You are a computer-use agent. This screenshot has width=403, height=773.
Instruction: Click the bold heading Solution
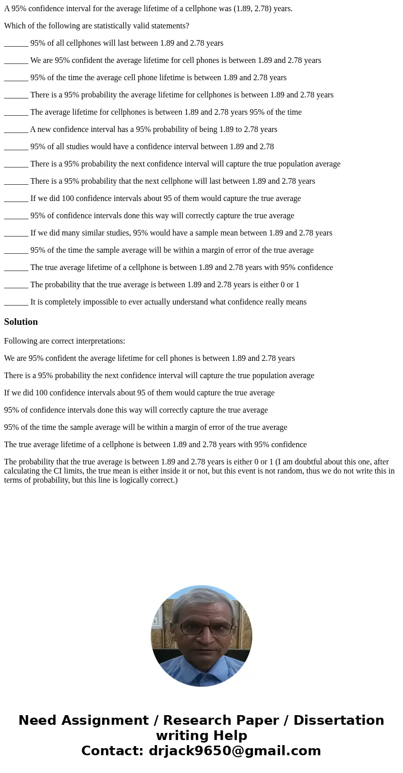21,322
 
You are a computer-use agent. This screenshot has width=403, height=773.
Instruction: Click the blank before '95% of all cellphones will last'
16,44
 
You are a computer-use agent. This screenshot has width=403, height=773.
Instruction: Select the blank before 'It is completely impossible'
16,303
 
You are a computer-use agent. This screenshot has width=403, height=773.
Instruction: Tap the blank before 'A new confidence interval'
16,130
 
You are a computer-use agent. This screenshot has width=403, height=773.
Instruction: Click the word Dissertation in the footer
339,720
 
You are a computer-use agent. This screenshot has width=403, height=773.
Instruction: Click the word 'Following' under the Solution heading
20,341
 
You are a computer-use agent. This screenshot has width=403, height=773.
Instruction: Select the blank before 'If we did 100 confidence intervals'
16,199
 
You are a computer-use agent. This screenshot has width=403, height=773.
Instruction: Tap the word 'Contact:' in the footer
113,751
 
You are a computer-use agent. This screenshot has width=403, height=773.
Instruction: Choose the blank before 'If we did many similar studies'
16,233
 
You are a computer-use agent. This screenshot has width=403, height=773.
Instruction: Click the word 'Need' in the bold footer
37,720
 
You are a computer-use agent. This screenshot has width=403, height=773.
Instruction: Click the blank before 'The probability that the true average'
16,285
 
